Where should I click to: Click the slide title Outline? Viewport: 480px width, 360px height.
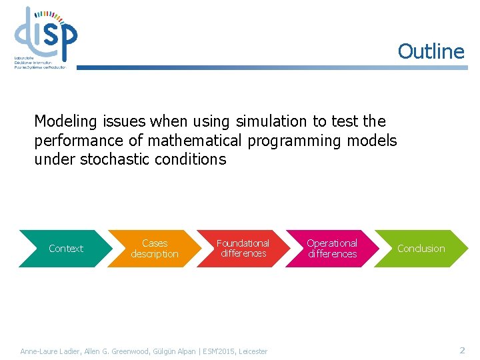point(431,51)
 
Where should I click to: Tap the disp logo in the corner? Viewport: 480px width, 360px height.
point(45,37)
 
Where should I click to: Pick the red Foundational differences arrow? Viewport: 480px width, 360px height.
point(243,249)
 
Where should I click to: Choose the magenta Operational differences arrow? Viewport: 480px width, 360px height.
point(332,249)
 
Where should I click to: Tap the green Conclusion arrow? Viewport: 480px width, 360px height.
point(421,249)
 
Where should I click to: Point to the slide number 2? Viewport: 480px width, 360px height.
point(462,350)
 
